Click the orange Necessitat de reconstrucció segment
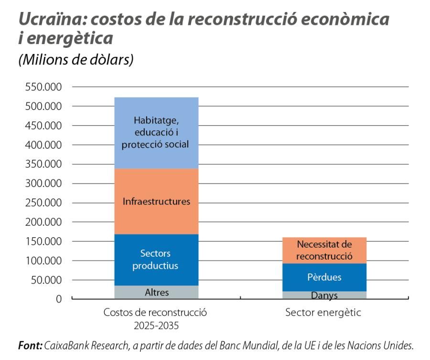click(324, 250)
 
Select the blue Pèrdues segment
click(324, 277)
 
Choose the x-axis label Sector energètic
click(323, 313)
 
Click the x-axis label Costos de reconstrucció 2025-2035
click(156, 319)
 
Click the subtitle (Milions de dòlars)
click(75, 60)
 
